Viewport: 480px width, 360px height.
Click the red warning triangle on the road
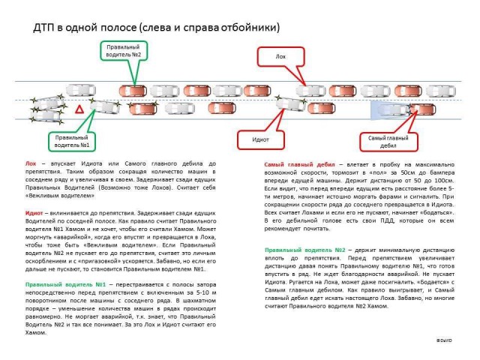click(78, 111)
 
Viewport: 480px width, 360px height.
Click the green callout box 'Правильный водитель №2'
click(122, 51)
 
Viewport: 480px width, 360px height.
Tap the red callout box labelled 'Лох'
click(280, 57)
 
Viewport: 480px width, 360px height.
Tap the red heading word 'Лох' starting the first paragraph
click(31, 163)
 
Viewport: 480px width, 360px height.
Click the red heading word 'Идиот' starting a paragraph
click(34, 213)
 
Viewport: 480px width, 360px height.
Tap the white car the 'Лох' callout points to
click(309, 91)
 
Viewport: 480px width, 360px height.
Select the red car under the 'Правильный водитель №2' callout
click(132, 91)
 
